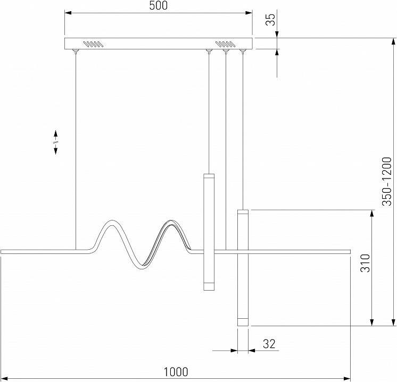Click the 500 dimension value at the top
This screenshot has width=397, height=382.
[158, 5]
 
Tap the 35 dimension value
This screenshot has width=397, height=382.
[270, 20]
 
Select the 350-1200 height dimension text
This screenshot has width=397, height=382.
[387, 181]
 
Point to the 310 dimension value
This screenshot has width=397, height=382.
[365, 263]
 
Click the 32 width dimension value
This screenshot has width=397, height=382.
[269, 344]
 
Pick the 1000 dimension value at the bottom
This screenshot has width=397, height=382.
[176, 372]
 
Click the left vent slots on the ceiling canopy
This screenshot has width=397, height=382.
[93, 44]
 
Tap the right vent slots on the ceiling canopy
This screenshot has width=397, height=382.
[226, 44]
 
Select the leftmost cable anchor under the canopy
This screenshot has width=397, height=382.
[76, 51]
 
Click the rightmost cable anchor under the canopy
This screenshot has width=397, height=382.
[243, 51]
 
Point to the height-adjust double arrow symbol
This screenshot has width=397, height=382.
[55, 142]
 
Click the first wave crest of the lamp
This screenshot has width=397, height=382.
[111, 222]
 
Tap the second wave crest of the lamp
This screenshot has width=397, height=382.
[171, 222]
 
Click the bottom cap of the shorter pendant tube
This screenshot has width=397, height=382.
[209, 286]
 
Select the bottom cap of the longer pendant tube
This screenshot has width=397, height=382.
[243, 322]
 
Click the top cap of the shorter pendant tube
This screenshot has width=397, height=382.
[209, 176]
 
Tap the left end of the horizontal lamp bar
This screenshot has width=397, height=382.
[1, 251]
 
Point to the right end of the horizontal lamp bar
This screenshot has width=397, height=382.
[350, 251]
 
